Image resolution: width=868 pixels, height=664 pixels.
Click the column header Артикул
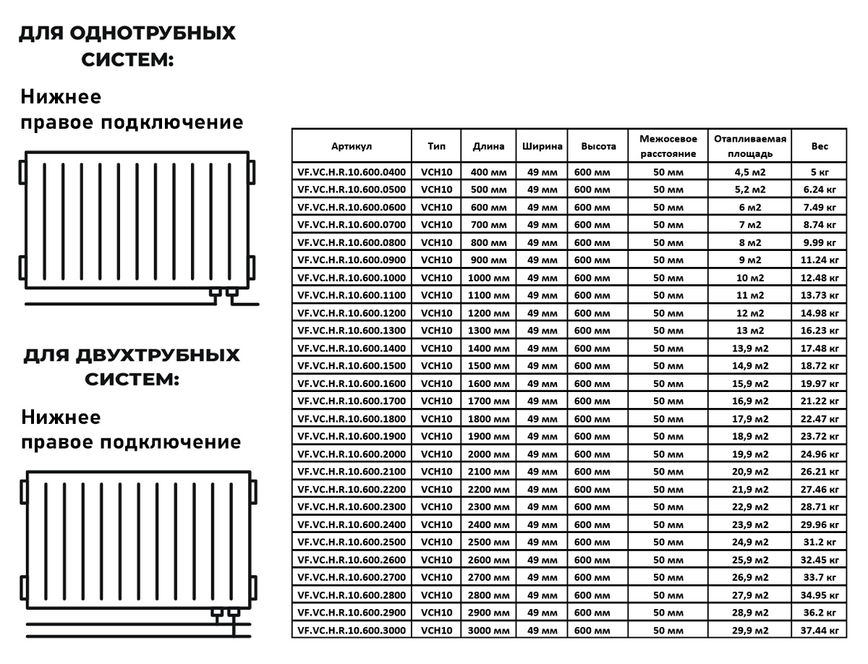tap(352, 146)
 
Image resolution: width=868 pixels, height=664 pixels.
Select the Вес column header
tap(820, 146)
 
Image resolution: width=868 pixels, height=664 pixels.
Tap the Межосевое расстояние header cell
tap(668, 146)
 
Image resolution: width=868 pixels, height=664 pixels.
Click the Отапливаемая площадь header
tap(750, 146)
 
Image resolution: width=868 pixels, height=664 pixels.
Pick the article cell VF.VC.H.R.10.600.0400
tap(352, 172)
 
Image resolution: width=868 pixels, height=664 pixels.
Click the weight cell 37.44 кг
tap(820, 631)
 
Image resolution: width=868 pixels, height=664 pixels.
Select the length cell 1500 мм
tap(489, 366)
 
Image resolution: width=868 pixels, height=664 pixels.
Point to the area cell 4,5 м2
tap(750, 172)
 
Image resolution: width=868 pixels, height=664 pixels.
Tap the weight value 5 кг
tap(820, 172)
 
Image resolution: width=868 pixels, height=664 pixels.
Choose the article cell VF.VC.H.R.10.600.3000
tap(352, 631)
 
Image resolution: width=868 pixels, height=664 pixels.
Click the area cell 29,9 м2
tap(750, 631)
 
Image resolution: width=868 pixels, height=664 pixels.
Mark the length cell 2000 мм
tap(489, 454)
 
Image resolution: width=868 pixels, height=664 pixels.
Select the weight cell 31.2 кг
tap(820, 542)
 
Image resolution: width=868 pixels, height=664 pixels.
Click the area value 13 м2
tap(750, 331)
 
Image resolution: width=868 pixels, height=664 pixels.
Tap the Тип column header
tap(436, 146)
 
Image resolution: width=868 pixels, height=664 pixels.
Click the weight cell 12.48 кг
tap(820, 278)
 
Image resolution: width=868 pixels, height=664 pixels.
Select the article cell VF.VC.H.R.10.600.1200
tap(352, 313)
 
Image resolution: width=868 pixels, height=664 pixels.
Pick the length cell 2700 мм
tap(489, 578)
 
